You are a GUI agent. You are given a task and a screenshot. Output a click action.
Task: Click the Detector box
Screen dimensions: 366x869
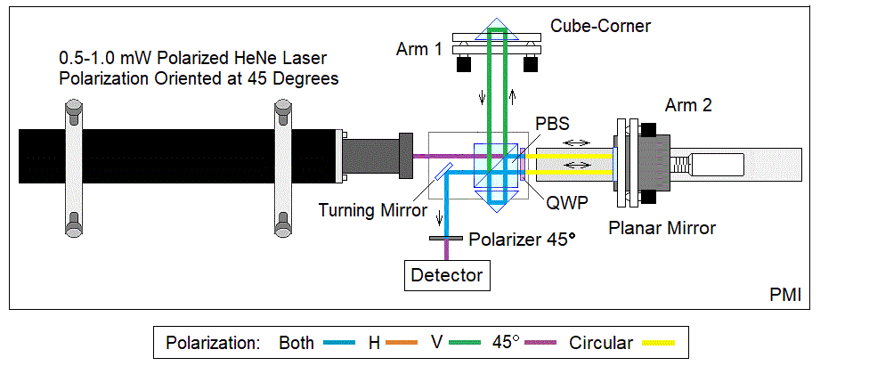(x=447, y=275)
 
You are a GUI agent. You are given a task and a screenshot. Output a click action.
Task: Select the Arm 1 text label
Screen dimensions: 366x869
(x=418, y=49)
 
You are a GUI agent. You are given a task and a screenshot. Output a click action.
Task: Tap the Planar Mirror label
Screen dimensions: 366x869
(x=662, y=228)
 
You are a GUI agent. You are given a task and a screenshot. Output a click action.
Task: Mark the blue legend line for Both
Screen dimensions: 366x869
(x=338, y=343)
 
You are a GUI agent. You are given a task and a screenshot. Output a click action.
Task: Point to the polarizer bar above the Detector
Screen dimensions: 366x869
(x=446, y=239)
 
